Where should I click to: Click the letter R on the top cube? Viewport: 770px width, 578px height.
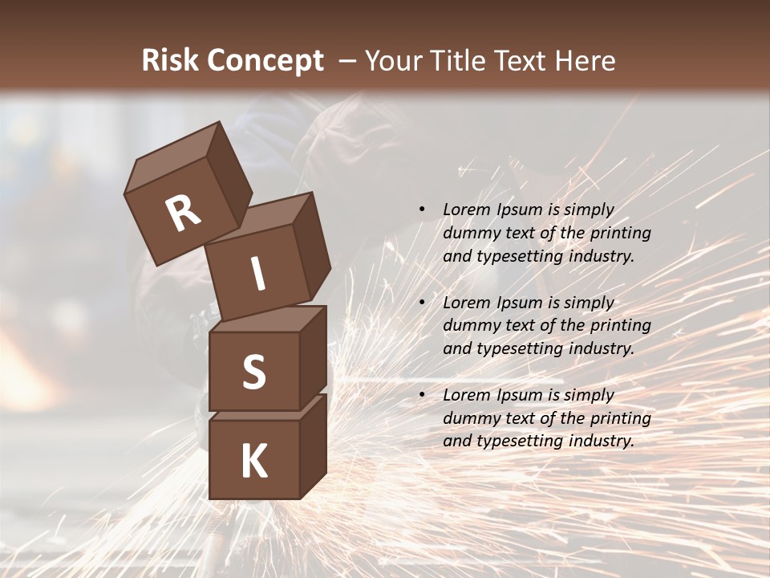[x=183, y=213]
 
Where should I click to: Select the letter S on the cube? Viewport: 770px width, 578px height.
[x=253, y=372]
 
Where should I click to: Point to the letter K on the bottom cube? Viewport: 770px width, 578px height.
[x=253, y=462]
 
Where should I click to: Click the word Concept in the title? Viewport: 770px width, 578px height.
[x=265, y=61]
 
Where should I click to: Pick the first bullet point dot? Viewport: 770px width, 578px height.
[x=422, y=210]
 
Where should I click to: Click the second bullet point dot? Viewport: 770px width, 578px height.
[x=422, y=303]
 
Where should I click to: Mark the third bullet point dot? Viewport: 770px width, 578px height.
[x=422, y=395]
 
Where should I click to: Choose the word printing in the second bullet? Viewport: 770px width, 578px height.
[x=621, y=326]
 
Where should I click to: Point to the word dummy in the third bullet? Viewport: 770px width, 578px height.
[x=469, y=418]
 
